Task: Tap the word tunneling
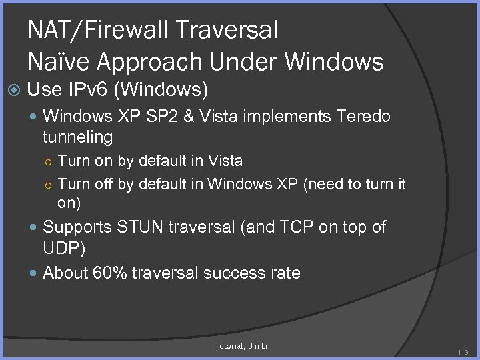(x=77, y=137)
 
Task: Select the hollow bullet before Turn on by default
(x=49, y=161)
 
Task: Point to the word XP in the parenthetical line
(x=285, y=184)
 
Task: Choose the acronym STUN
(x=141, y=227)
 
